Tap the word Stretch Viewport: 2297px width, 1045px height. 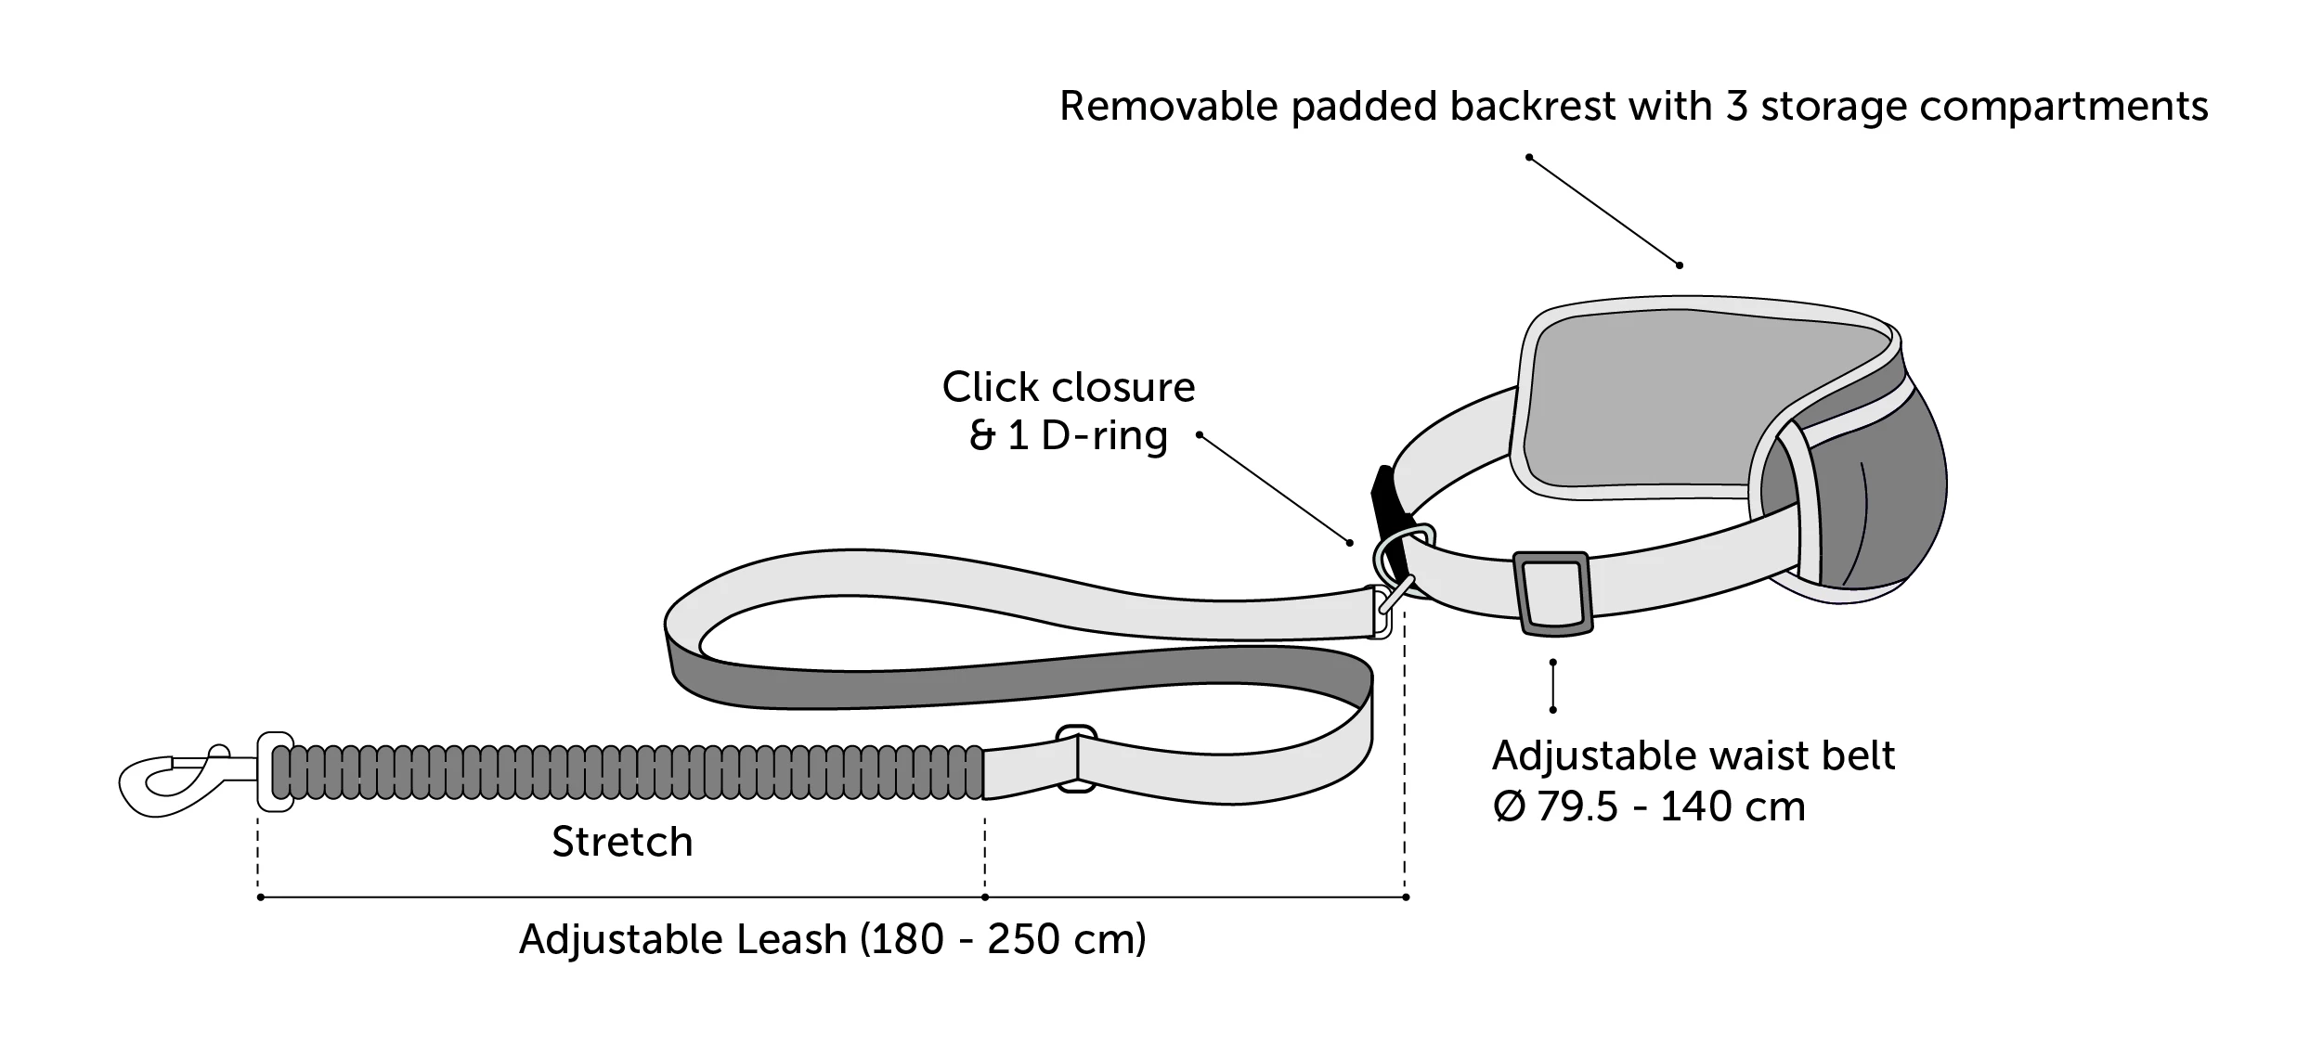(x=622, y=843)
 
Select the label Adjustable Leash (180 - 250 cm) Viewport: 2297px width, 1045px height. (x=832, y=939)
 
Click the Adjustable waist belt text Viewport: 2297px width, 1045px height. (x=1693, y=755)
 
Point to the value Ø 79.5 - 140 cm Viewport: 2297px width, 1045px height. (x=1649, y=806)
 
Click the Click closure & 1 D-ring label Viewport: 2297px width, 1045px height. (x=1069, y=411)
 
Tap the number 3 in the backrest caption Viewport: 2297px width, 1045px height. (x=1736, y=107)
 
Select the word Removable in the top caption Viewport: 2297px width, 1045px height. (x=1168, y=107)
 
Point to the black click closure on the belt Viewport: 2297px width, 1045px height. (x=1388, y=506)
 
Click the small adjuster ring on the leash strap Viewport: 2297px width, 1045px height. (x=1077, y=758)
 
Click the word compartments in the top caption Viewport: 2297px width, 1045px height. (x=2063, y=107)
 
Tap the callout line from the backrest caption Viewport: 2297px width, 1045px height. (x=1603, y=212)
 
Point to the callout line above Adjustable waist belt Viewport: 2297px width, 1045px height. (x=1552, y=686)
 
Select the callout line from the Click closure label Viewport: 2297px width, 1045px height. (x=1274, y=488)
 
